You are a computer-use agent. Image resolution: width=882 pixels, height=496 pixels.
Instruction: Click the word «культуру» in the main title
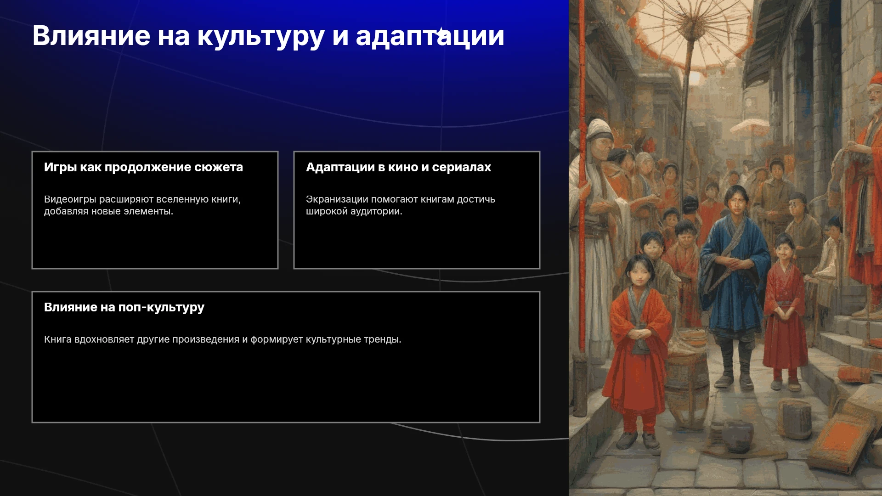[261, 37]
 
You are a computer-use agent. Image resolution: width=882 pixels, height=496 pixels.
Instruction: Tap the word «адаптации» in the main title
[430, 37]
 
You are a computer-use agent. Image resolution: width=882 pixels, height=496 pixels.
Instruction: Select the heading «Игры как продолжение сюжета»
[143, 167]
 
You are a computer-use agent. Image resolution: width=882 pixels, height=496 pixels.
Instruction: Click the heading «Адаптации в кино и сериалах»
[398, 167]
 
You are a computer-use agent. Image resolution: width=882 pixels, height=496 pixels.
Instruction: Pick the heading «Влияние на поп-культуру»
[124, 308]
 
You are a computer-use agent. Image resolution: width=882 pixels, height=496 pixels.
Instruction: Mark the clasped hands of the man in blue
[732, 264]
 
